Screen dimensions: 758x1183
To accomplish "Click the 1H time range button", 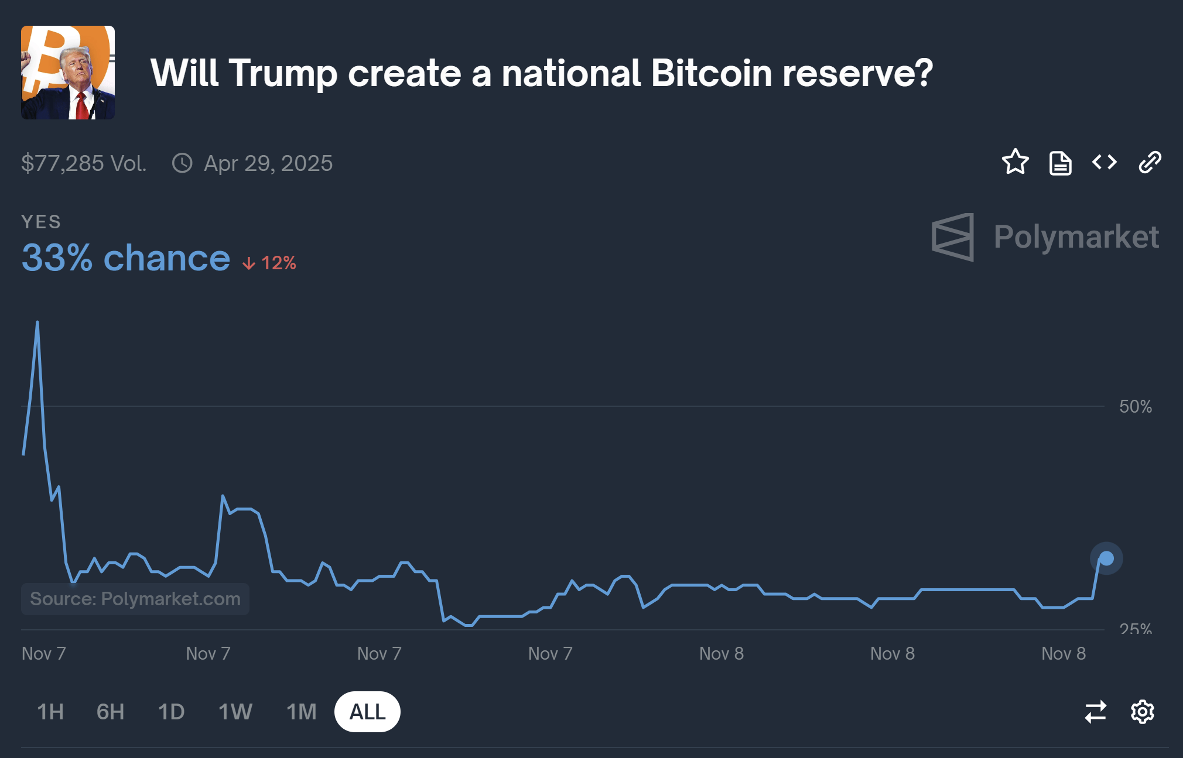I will (x=50, y=712).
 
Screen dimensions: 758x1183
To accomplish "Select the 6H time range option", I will (x=110, y=712).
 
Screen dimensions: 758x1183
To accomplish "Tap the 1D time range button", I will (x=171, y=712).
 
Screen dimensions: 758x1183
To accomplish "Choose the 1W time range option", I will (x=235, y=712).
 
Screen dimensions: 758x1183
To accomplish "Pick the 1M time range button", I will (x=301, y=712).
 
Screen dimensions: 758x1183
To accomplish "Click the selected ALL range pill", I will (x=367, y=712).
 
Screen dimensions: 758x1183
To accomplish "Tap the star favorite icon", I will (x=1015, y=162).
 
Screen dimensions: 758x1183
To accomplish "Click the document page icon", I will (x=1060, y=163).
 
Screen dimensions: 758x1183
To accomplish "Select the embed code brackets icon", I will (x=1105, y=162).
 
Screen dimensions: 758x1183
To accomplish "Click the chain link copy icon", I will (x=1150, y=162).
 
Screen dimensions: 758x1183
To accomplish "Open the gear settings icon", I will (x=1142, y=712).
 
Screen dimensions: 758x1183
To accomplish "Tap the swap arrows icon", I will (x=1095, y=712).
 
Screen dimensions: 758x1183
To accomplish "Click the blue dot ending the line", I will (x=1106, y=558).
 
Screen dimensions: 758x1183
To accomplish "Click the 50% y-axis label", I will (x=1135, y=406).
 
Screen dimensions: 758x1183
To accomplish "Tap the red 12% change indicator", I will (x=270, y=263).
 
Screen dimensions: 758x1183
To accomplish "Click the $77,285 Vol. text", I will (x=84, y=163).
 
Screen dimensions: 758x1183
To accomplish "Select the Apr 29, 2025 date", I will (x=268, y=163).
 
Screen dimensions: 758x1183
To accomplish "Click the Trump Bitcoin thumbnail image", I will (x=68, y=73).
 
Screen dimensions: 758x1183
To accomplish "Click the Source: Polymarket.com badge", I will (x=135, y=599).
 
